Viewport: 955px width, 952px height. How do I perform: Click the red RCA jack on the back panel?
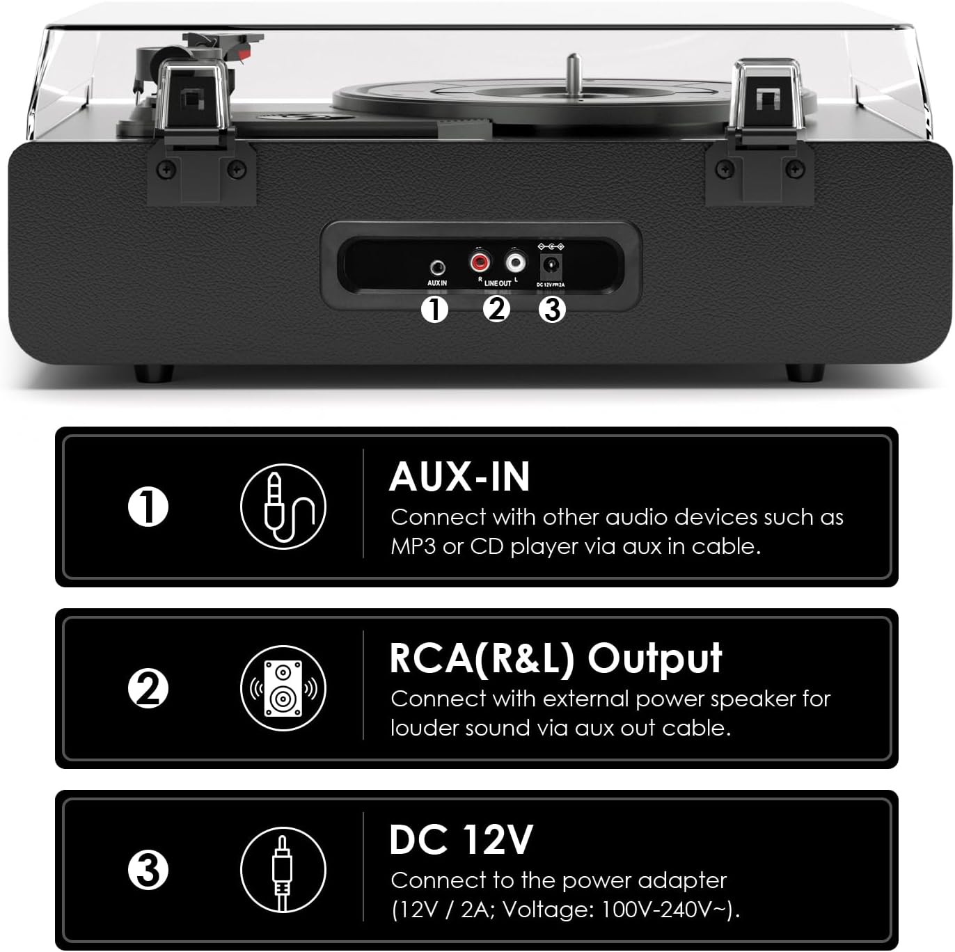480,262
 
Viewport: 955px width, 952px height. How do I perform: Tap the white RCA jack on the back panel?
515,262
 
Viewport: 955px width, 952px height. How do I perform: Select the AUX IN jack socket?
437,268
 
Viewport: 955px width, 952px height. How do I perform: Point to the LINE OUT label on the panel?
498,283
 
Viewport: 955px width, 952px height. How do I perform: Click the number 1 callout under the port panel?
434,310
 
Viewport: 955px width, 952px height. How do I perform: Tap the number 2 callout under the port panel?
496,310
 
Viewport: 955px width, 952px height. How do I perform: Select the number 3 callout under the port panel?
552,310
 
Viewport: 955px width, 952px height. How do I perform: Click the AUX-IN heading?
459,477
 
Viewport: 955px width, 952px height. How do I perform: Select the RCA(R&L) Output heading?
555,659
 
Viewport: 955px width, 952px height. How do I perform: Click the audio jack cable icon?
283,507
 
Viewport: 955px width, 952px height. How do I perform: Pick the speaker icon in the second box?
283,688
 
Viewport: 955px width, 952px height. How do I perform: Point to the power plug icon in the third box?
283,870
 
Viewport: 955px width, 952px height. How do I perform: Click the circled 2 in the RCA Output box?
148,688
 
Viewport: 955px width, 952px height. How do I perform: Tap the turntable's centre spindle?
574,72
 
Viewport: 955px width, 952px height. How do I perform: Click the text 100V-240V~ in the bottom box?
666,910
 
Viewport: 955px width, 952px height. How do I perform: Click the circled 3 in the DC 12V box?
148,870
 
